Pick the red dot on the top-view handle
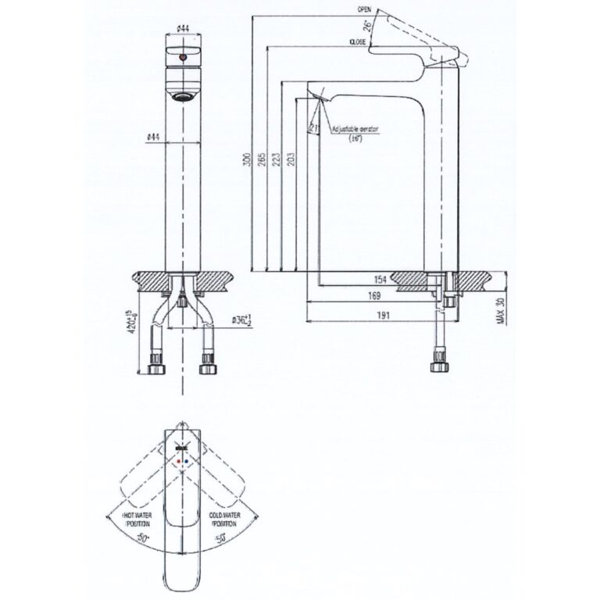[180, 462]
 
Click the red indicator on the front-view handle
[182, 57]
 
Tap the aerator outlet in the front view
[182, 97]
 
